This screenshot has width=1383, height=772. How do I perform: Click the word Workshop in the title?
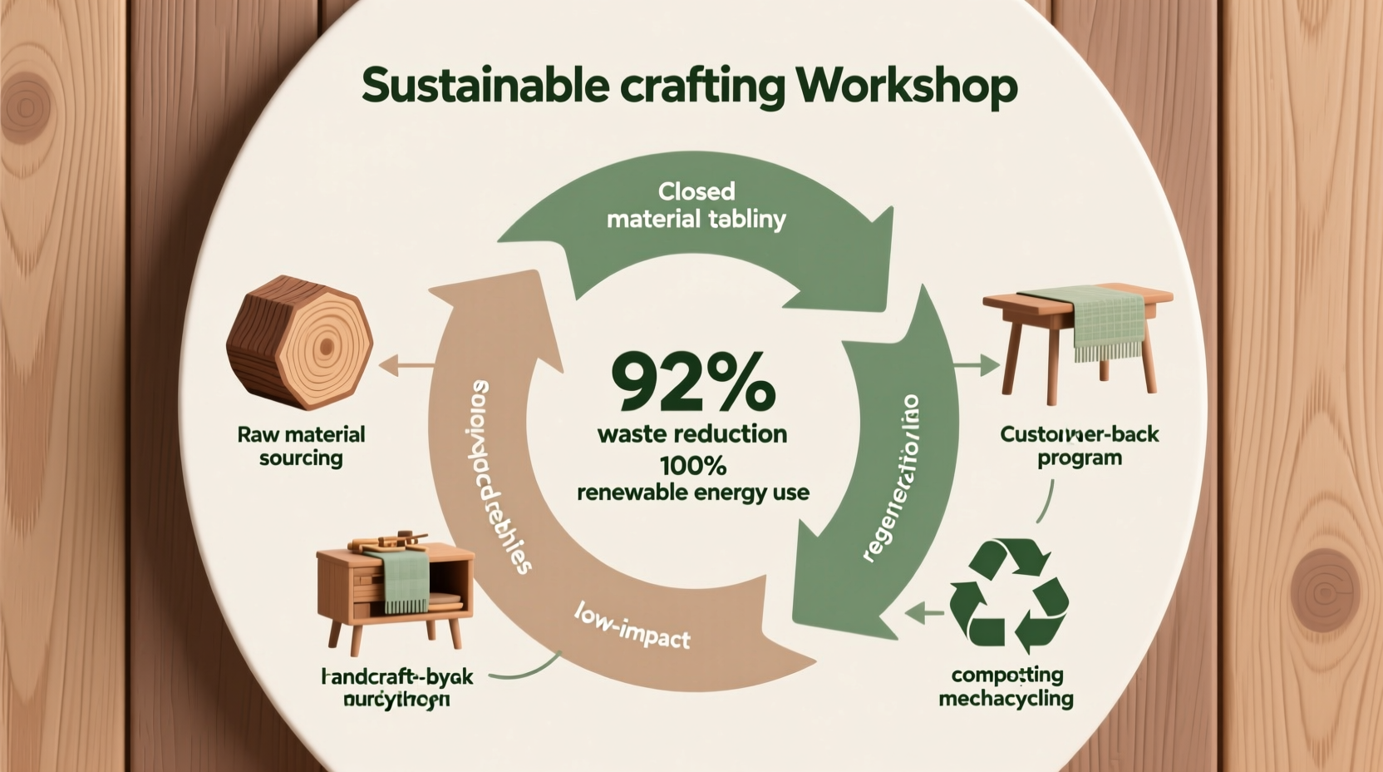[x=905, y=86]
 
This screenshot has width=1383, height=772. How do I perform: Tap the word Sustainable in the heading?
[x=485, y=86]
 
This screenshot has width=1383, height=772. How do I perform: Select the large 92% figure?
[x=692, y=382]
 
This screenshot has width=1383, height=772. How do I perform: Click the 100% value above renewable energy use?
[x=692, y=463]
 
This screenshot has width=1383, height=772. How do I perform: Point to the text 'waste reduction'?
[x=692, y=433]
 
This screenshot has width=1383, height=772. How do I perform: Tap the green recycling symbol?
[x=1008, y=591]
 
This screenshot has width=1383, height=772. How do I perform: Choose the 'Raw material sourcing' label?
[x=301, y=446]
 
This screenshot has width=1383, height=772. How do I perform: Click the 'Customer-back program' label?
[x=1079, y=446]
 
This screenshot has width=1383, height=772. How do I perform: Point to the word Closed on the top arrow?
[x=696, y=191]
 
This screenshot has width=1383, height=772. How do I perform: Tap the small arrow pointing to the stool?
[x=977, y=364]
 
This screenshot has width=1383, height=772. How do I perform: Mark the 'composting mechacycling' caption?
[x=1006, y=686]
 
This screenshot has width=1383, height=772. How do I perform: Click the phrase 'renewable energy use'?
[x=692, y=492]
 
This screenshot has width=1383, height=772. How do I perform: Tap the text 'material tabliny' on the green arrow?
[x=696, y=220]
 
